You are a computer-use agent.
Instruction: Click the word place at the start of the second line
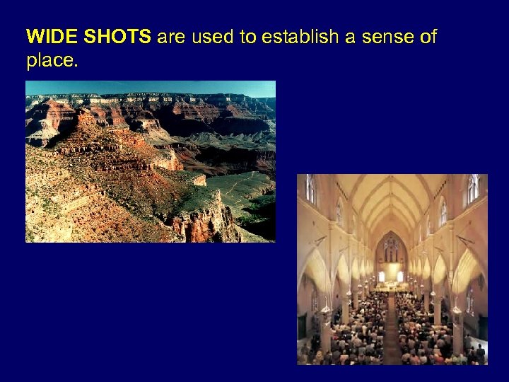[x=50, y=61]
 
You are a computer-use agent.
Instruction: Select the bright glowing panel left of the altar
[x=382, y=276]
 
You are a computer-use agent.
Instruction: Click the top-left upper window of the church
[x=310, y=189]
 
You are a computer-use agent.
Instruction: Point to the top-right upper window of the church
[x=473, y=188]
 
